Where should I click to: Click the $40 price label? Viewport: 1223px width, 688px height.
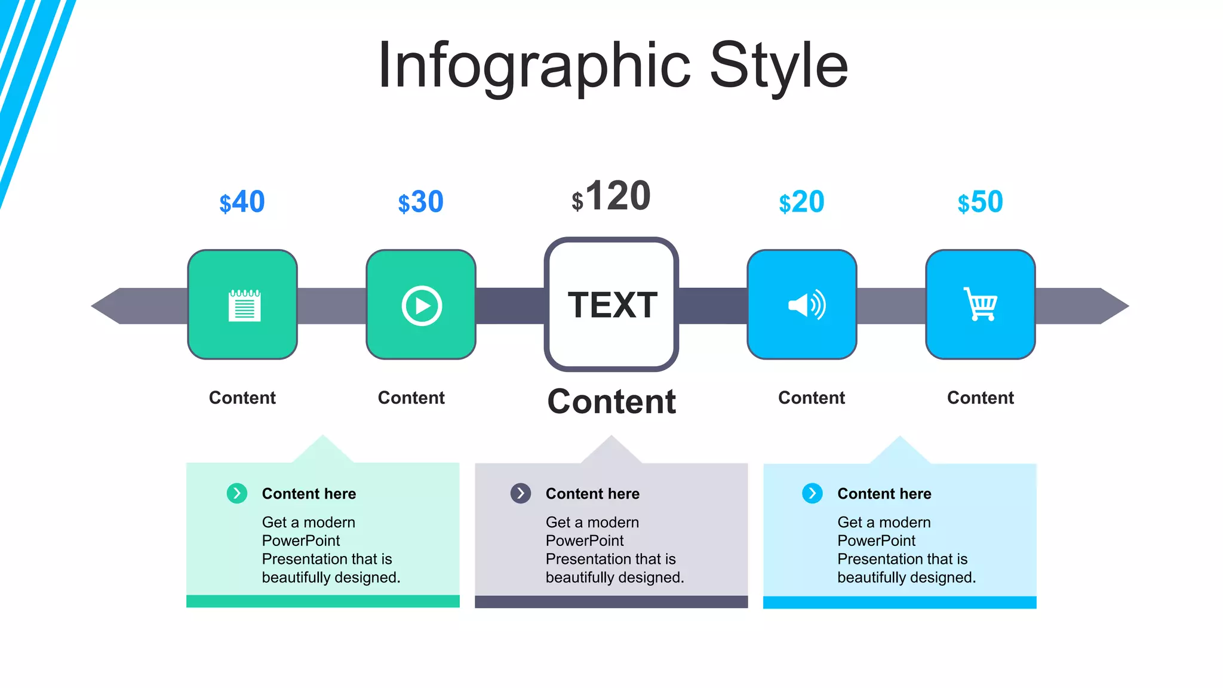pyautogui.click(x=242, y=202)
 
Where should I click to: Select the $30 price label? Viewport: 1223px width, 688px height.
pyautogui.click(x=420, y=202)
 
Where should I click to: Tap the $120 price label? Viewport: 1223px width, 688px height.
pyautogui.click(x=611, y=196)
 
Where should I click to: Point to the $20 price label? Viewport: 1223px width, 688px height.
pyautogui.click(x=801, y=202)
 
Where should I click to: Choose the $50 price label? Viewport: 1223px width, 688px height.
pyautogui.click(x=980, y=202)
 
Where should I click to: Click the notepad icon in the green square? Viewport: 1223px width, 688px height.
pyautogui.click(x=244, y=305)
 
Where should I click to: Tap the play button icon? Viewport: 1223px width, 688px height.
pyautogui.click(x=422, y=306)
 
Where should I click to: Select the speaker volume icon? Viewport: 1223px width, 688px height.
pyautogui.click(x=807, y=305)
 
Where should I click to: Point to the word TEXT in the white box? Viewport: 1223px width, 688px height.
pyautogui.click(x=612, y=305)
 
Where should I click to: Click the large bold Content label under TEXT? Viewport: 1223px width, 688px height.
pyautogui.click(x=611, y=401)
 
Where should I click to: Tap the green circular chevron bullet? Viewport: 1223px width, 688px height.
pyautogui.click(x=237, y=493)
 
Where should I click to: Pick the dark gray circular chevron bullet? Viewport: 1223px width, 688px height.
pyautogui.click(x=521, y=493)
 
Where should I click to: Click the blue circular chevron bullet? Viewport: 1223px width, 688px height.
pyautogui.click(x=812, y=493)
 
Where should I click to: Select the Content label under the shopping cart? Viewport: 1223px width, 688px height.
pyautogui.click(x=980, y=398)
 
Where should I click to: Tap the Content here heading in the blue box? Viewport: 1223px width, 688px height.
pyautogui.click(x=884, y=494)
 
